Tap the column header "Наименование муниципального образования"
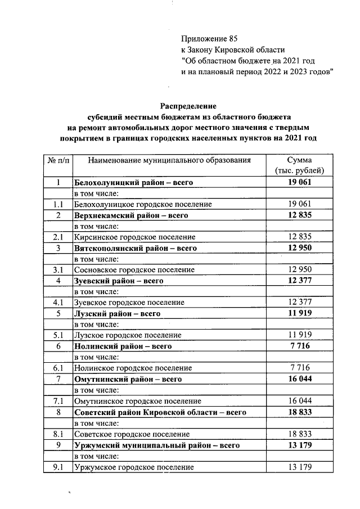(169, 160)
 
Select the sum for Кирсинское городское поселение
(299, 237)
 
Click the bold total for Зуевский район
(299, 280)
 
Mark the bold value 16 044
(299, 379)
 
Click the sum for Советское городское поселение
(299, 434)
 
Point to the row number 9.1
(58, 467)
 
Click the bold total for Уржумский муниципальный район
(299, 445)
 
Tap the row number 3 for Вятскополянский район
(58, 248)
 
